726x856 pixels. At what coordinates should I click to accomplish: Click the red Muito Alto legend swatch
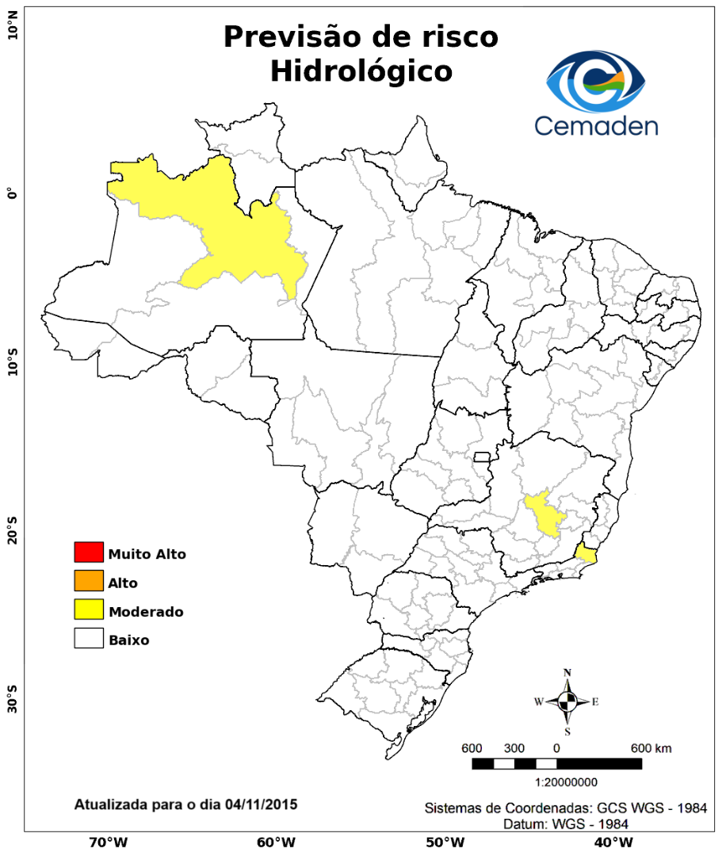(x=89, y=552)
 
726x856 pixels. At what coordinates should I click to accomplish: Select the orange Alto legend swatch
(x=89, y=581)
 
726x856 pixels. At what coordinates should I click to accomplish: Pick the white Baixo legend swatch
(x=89, y=638)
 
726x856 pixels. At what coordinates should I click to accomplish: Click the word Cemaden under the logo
(x=596, y=125)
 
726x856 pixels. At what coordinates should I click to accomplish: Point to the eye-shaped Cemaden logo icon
(x=596, y=82)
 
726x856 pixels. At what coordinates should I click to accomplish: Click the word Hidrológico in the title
(x=361, y=71)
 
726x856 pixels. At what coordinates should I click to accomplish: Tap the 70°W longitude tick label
(x=108, y=842)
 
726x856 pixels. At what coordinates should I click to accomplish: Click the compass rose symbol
(x=567, y=701)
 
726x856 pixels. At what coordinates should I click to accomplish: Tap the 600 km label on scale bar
(x=651, y=748)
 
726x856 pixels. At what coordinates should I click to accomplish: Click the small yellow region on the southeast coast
(x=586, y=553)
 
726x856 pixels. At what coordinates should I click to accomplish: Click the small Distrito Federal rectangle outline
(x=482, y=457)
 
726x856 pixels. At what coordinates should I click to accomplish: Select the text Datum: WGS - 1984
(x=566, y=824)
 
